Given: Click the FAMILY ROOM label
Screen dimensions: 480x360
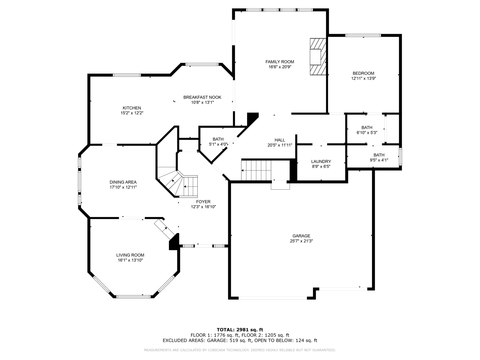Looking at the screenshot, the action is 280,62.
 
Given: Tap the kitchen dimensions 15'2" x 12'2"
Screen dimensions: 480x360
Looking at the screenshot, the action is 132,113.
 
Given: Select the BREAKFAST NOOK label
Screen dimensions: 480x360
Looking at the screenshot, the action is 202,97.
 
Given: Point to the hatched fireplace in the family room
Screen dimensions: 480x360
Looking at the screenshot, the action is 318,57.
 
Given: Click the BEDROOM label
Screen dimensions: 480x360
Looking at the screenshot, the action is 363,73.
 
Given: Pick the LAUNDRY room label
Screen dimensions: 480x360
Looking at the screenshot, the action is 321,161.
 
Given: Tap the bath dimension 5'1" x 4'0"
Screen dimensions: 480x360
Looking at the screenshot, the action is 218,144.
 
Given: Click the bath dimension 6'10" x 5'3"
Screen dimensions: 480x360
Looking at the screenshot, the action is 367,133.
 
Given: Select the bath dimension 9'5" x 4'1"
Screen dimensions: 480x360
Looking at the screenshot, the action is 379,160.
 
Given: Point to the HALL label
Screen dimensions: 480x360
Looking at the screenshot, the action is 280,140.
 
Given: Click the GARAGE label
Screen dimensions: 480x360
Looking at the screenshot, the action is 301,236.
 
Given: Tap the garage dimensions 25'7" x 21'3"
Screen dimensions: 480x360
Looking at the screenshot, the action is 301,241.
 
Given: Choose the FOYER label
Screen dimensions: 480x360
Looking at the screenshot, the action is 203,202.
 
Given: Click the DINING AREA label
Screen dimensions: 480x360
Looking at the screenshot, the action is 123,182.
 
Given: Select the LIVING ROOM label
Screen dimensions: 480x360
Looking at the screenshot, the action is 130,255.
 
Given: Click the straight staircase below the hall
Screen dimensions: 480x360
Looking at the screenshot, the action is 256,170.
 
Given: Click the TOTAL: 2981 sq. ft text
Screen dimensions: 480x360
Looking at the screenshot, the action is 240,330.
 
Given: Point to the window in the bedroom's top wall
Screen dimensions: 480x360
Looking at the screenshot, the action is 363,35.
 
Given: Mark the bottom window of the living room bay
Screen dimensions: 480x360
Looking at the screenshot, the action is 133,297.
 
